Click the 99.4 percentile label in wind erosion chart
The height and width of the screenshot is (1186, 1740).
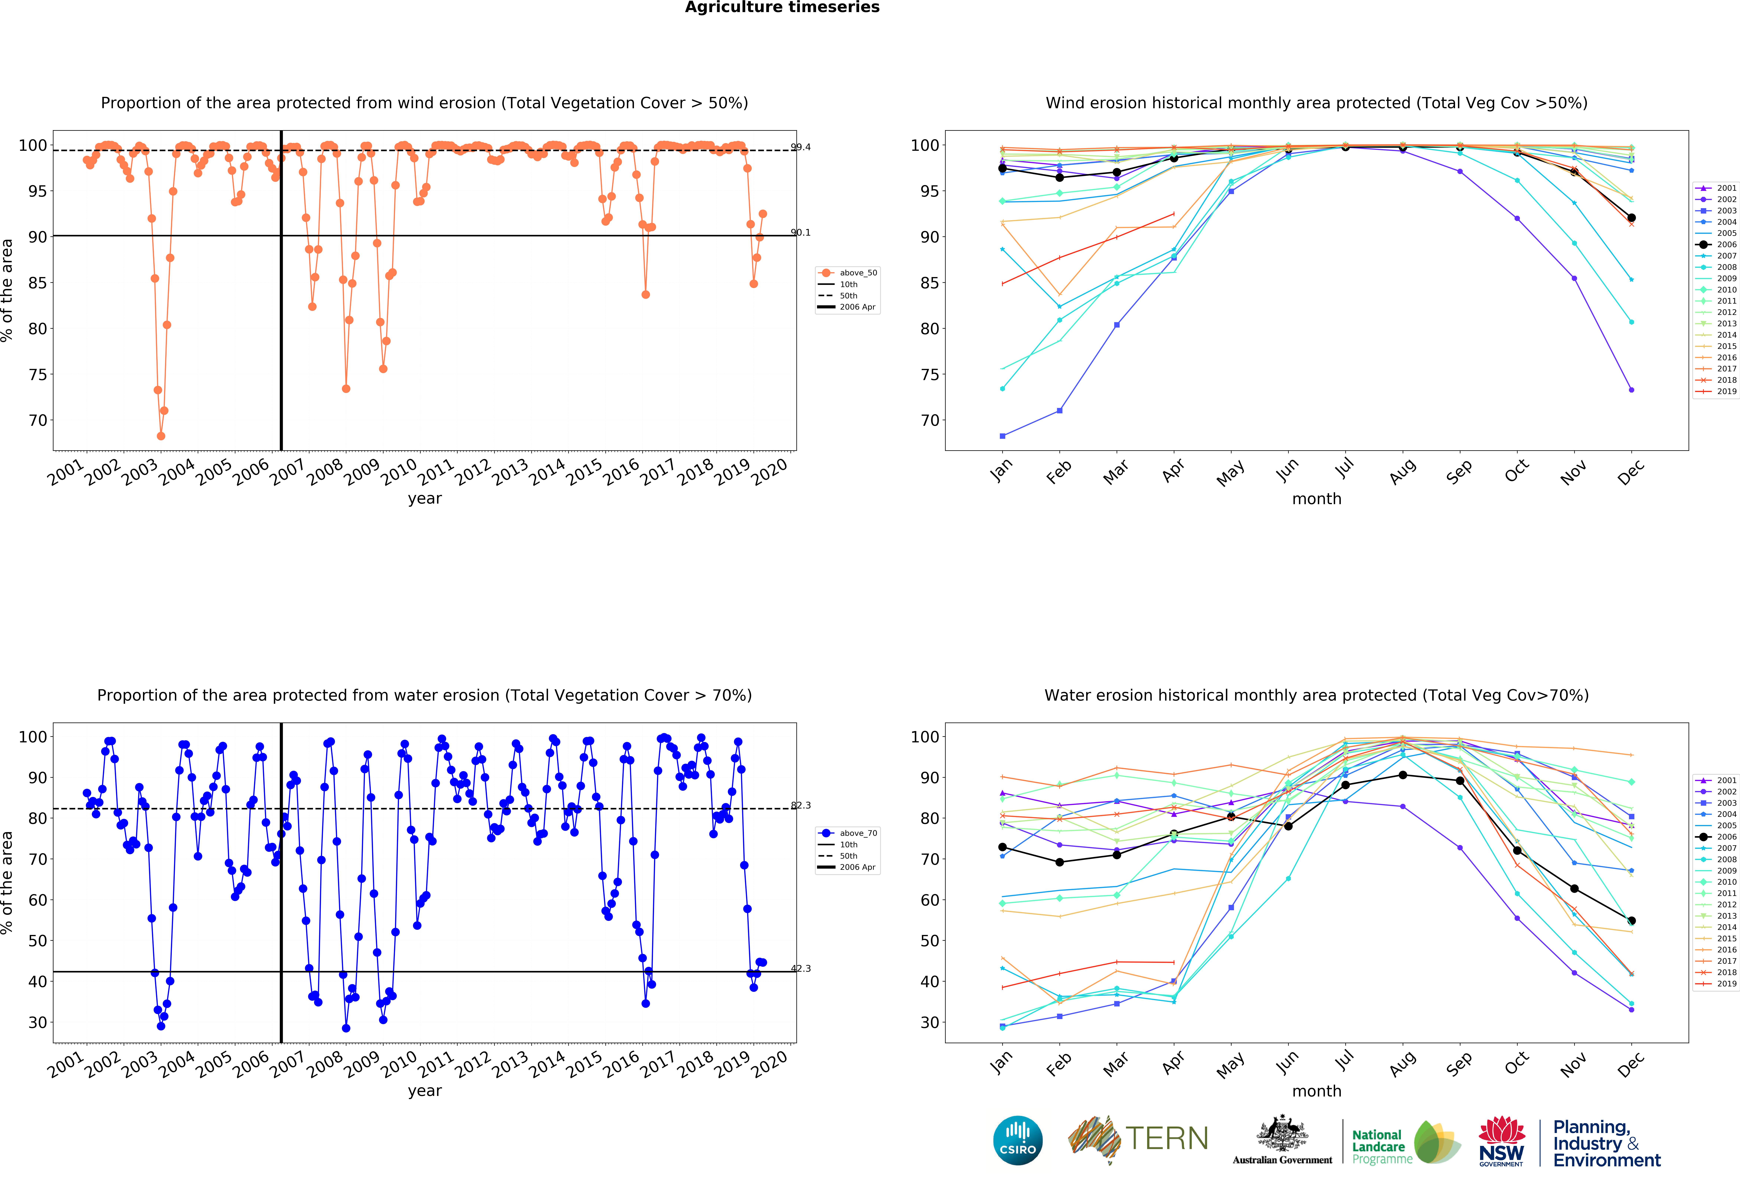point(800,147)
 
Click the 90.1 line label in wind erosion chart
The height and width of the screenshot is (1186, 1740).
point(800,232)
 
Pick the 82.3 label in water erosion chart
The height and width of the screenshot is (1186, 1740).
point(800,805)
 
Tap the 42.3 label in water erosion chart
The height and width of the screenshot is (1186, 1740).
point(800,968)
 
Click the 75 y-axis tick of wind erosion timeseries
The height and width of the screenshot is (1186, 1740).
point(37,374)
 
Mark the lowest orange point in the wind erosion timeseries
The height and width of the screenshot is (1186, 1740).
point(161,436)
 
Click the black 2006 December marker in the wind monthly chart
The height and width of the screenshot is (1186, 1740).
point(1631,218)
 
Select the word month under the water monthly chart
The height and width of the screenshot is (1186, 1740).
point(1316,1091)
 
